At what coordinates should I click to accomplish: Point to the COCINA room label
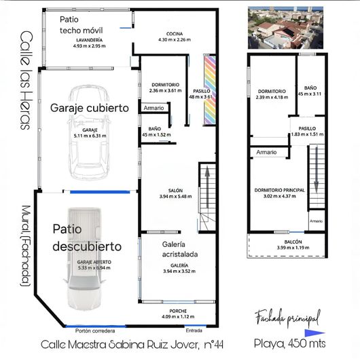(175, 37)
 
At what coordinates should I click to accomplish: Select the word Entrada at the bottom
(194, 331)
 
